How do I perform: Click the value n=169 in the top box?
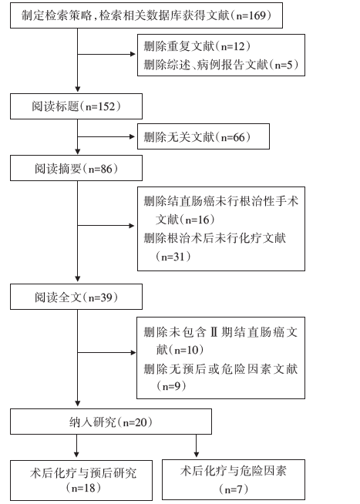[254, 15]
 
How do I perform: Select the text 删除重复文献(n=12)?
[197, 46]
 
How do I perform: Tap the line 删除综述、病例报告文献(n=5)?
[221, 65]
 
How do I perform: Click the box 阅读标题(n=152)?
[76, 106]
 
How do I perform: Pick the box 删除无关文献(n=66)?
[204, 136]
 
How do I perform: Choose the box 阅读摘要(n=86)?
[76, 168]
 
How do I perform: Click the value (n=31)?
[173, 257]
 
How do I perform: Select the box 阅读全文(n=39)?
[76, 297]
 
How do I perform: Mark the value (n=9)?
[171, 386]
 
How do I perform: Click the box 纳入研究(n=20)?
[111, 422]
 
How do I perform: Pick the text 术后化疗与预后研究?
[83, 473]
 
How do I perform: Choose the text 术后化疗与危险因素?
[234, 471]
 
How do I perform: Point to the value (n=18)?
[83, 489]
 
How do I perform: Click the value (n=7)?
[234, 489]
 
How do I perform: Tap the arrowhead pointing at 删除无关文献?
[132, 136]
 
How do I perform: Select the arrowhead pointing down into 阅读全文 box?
[77, 278]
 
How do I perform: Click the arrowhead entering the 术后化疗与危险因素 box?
[196, 454]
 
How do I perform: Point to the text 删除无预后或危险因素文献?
[220, 368]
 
